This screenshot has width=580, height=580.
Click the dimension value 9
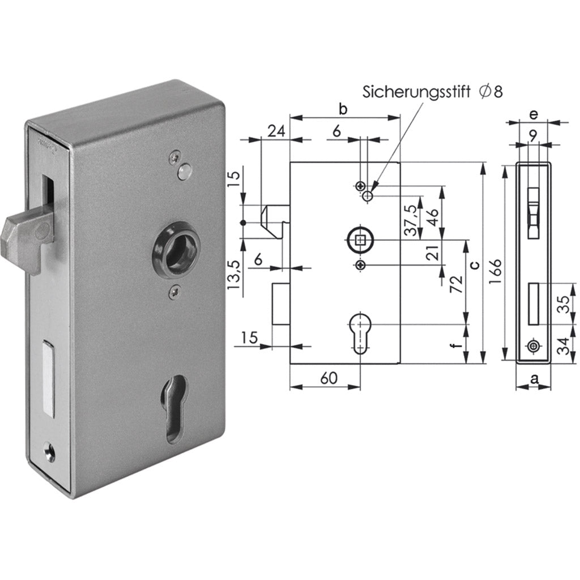533,135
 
